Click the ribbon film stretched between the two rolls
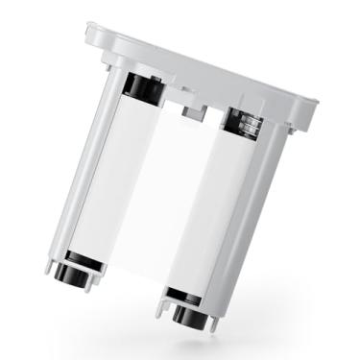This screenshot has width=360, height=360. click(173, 192)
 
